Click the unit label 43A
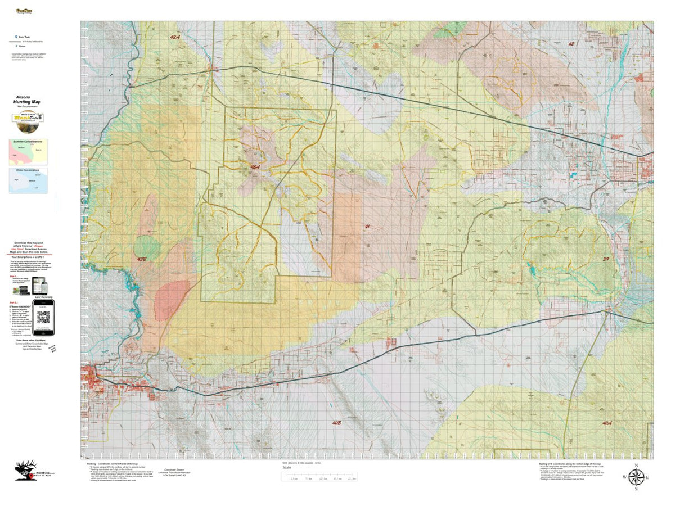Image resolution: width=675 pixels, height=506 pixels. pyautogui.click(x=174, y=37)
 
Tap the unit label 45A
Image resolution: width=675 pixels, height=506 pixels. pyautogui.click(x=255, y=167)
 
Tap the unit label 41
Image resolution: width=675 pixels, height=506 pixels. pyautogui.click(x=367, y=227)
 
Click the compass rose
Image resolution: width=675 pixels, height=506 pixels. pyautogui.click(x=636, y=477)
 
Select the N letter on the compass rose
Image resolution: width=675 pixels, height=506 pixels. pyautogui.click(x=636, y=465)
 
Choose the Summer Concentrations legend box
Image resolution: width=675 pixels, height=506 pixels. pyautogui.click(x=28, y=152)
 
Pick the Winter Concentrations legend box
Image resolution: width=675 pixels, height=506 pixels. pyautogui.click(x=28, y=180)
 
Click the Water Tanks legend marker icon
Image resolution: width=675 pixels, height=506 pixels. pyautogui.click(x=16, y=36)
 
